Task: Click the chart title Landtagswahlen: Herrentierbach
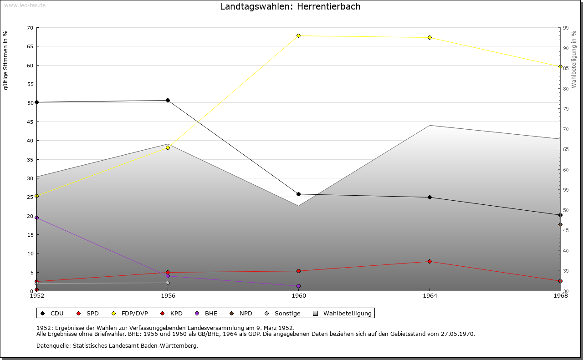point(290,6)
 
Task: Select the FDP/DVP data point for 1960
point(298,35)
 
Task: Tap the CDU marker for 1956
point(168,100)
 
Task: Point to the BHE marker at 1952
point(37,218)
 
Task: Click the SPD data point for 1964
point(430,261)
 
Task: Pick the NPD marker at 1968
point(560,224)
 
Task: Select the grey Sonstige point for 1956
point(168,283)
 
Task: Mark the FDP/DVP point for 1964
point(430,37)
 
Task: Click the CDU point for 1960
point(298,194)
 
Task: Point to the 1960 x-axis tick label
point(299,296)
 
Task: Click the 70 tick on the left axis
point(30,28)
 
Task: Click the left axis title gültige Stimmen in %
point(6,60)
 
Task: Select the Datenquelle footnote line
point(117,345)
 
